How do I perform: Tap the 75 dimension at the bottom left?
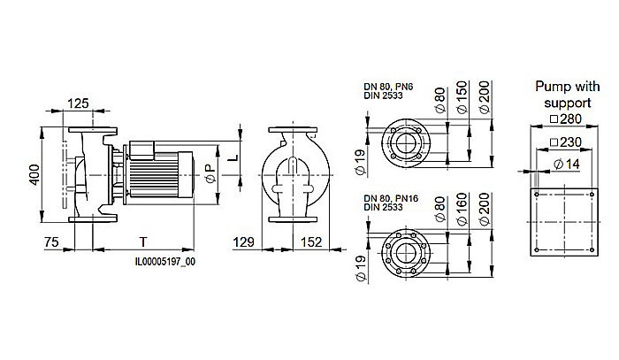click(x=53, y=241)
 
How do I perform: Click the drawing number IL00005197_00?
click(x=164, y=261)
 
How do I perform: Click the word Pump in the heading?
click(x=551, y=87)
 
